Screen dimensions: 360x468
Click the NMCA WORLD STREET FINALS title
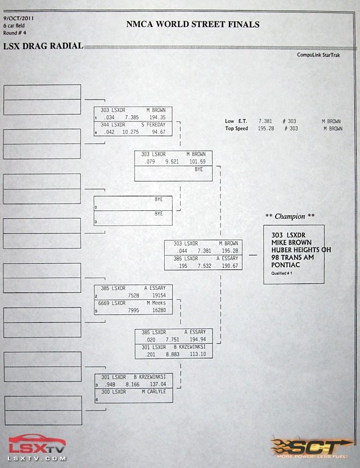tap(193, 24)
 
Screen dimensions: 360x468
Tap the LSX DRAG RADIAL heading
tap(43, 46)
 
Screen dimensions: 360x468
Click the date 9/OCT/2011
tap(19, 18)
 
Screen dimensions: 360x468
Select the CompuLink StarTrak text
tap(318, 55)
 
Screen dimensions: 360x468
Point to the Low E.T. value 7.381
tap(265, 121)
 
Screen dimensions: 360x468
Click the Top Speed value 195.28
tap(266, 128)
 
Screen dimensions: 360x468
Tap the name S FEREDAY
tap(154, 125)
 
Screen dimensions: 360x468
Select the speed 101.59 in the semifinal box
tap(197, 162)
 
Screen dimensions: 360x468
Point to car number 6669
tap(103, 303)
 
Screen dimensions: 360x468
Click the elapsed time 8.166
tap(133, 384)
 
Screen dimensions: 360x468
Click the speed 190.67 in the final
tap(230, 265)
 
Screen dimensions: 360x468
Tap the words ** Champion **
tap(290, 216)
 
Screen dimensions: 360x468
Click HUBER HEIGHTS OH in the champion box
tap(301, 250)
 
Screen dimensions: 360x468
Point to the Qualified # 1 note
tap(282, 273)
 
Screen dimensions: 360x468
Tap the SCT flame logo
tap(312, 448)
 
